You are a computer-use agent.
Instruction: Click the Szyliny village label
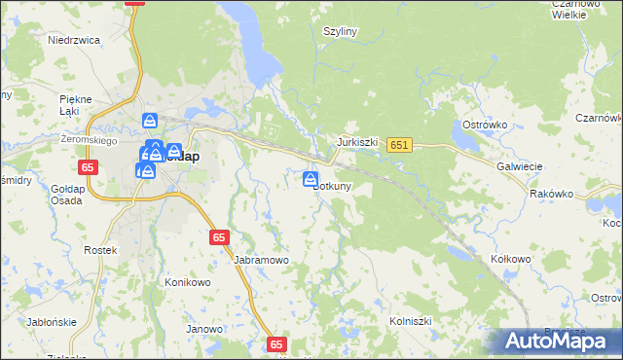click(341, 31)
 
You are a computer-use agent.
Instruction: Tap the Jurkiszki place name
click(356, 141)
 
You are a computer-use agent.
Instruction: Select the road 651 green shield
click(398, 145)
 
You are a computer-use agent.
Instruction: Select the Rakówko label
click(552, 194)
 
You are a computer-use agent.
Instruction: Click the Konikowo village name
click(188, 282)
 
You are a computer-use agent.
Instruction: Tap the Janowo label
click(204, 329)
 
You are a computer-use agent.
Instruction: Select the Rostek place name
click(101, 250)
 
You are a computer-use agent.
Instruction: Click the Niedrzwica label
click(75, 40)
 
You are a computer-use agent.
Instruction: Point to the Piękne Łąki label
click(75, 105)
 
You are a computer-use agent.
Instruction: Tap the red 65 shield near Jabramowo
click(219, 236)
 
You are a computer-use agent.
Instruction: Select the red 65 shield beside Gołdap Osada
click(89, 167)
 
